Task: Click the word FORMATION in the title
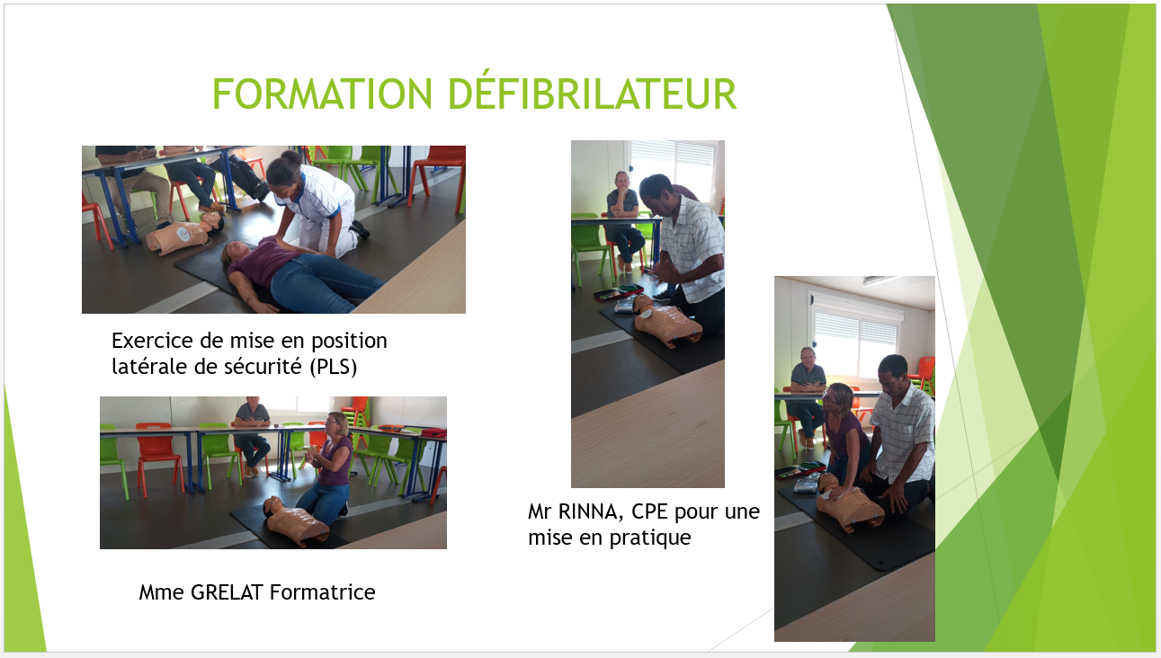pos(322,93)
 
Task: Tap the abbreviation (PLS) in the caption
pos(334,368)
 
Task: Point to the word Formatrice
pos(322,592)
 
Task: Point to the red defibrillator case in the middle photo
pos(619,292)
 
